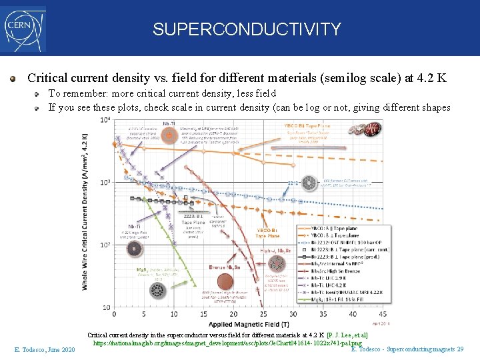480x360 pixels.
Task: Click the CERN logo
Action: coord(23,29)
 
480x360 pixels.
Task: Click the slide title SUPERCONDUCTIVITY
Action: coord(247,29)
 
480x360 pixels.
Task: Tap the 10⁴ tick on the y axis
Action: coord(105,120)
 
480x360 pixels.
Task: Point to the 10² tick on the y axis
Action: coord(105,245)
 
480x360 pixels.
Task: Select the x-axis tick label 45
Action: coord(382,314)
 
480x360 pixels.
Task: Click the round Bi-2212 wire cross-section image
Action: coord(309,182)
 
